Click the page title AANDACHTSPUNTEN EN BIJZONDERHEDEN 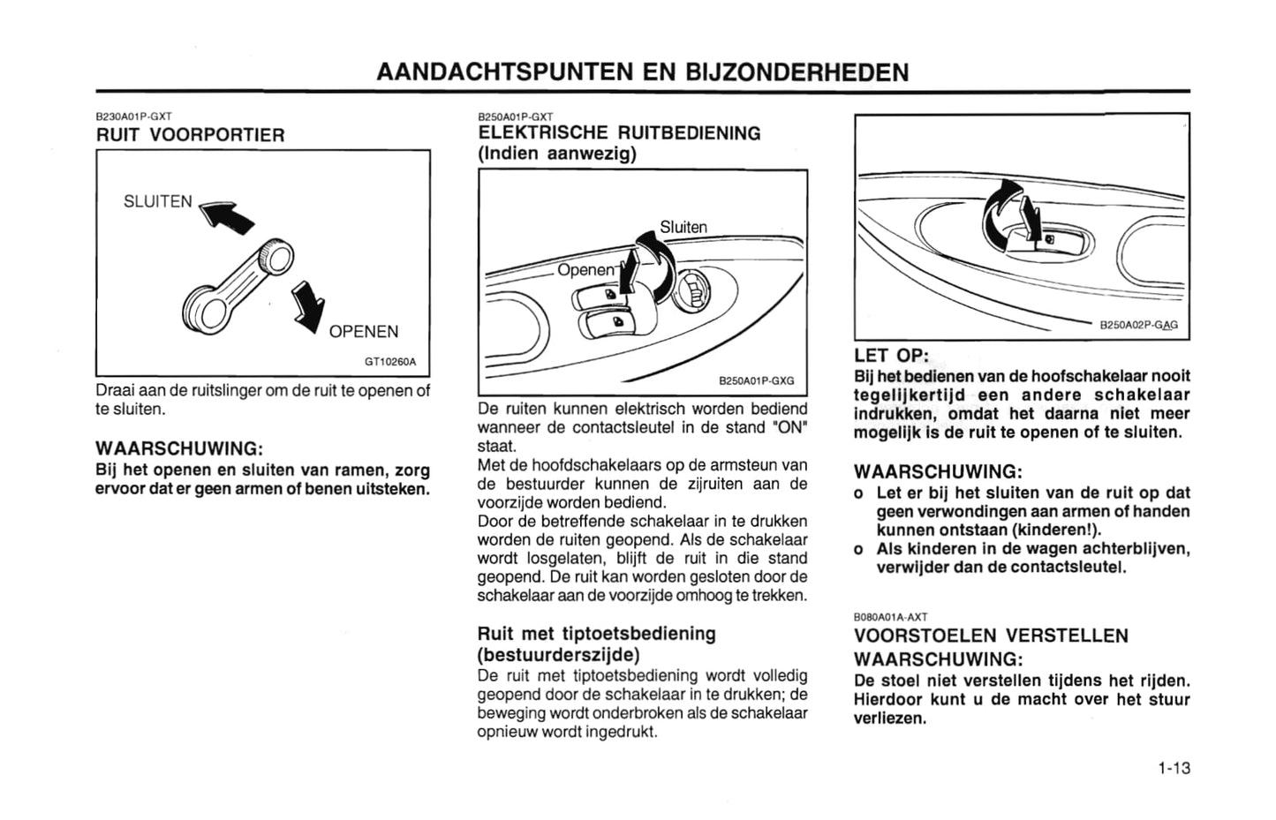pyautogui.click(x=642, y=71)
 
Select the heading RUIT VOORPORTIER pyautogui.click(x=190, y=135)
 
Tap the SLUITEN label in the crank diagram pyautogui.click(x=157, y=201)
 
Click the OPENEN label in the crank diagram pyautogui.click(x=364, y=332)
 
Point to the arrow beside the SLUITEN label pyautogui.click(x=227, y=216)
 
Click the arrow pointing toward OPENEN pyautogui.click(x=307, y=305)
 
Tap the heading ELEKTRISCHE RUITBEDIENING pyautogui.click(x=618, y=133)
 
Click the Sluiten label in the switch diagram pyautogui.click(x=683, y=227)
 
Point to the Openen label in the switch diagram pyautogui.click(x=585, y=269)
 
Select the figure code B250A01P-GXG pyautogui.click(x=756, y=381)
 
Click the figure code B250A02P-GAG pyautogui.click(x=1138, y=325)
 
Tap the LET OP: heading pyautogui.click(x=891, y=355)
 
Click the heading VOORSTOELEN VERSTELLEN pyautogui.click(x=991, y=636)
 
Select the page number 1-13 pyautogui.click(x=1174, y=768)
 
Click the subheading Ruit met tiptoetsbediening pyautogui.click(x=596, y=634)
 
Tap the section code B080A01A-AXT pyautogui.click(x=890, y=617)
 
